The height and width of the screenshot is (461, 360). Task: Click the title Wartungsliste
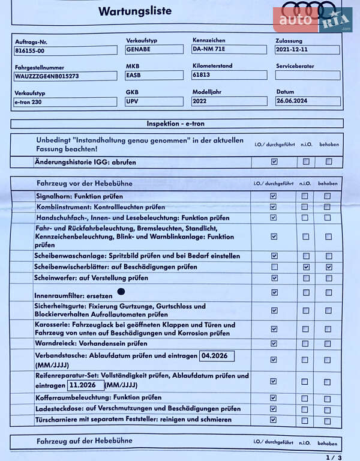coord(134,11)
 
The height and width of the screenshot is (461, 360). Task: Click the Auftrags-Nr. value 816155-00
coord(66,50)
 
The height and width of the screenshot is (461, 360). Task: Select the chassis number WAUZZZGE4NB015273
coord(66,76)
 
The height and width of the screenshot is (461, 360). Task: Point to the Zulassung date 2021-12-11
coord(307,50)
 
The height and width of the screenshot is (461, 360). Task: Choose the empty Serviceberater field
coord(307,76)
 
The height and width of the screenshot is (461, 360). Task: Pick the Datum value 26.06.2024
coord(307,101)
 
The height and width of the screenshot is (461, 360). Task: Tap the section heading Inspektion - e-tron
coord(177,124)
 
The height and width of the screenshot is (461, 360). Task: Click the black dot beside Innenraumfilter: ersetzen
coord(121,291)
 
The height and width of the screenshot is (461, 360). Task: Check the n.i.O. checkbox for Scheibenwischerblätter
coord(306,267)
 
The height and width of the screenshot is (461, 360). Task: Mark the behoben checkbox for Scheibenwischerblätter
coord(328,267)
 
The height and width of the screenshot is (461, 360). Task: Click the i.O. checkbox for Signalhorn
coord(274,196)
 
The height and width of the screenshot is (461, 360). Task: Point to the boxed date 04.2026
coord(217,355)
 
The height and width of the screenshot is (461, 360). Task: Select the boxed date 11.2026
coord(86,385)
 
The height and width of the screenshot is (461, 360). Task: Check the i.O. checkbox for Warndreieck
coord(274,343)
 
